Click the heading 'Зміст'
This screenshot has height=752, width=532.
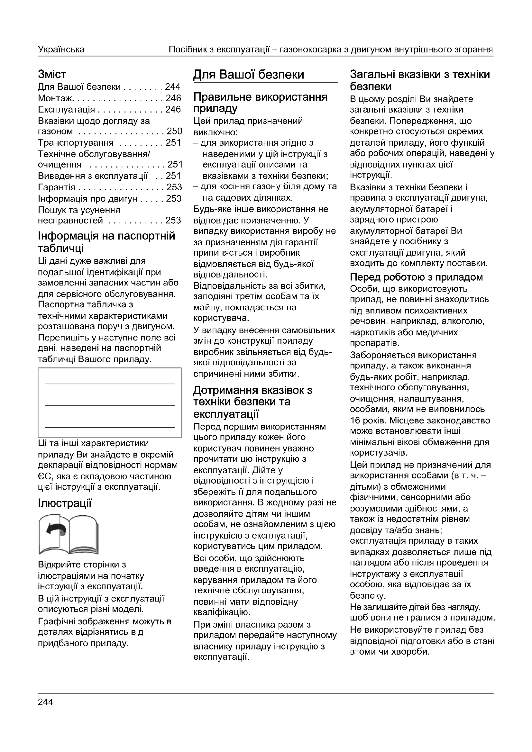click(52, 74)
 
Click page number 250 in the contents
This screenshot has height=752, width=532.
click(174, 131)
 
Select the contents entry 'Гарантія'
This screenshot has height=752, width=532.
click(56, 187)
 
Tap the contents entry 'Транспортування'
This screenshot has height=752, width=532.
click(76, 143)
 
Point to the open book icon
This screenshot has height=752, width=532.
click(69, 534)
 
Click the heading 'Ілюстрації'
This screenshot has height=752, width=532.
click(65, 503)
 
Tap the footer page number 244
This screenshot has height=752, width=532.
click(45, 702)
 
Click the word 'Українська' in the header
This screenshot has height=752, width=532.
click(61, 50)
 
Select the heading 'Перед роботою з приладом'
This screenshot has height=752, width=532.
click(416, 277)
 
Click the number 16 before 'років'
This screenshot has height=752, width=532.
click(355, 420)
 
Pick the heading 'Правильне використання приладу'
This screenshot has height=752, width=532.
click(260, 103)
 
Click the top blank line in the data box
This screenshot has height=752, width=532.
click(110, 384)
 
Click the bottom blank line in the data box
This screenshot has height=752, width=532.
click(110, 427)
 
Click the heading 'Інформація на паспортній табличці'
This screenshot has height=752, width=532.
click(106, 242)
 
